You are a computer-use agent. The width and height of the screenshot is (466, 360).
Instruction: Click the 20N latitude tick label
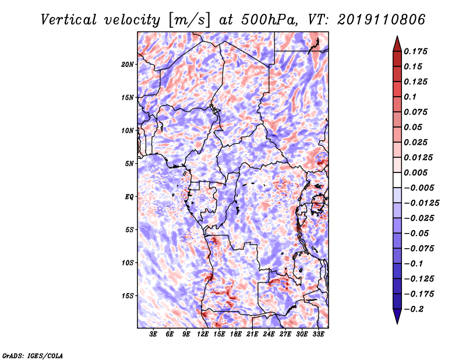128,65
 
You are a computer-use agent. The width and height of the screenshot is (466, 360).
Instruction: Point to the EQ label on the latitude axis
129,197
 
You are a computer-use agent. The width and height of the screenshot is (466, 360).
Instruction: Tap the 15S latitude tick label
128,296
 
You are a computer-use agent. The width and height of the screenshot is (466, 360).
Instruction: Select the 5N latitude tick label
129,164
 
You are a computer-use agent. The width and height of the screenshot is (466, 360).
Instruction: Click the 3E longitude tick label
153,334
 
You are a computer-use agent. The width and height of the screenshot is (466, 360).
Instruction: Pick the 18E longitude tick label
235,334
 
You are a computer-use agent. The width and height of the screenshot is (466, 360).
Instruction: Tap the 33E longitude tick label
318,334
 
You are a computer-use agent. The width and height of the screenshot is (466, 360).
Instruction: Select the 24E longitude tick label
269,334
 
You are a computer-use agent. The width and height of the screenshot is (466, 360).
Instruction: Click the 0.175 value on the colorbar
415,51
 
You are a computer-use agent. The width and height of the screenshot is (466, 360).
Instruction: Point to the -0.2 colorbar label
414,309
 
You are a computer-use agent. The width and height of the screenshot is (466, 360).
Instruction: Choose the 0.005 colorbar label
415,172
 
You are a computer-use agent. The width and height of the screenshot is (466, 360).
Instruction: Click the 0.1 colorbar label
410,97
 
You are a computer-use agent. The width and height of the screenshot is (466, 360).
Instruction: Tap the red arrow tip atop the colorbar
397,37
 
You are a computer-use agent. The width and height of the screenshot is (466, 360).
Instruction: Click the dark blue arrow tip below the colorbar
397,323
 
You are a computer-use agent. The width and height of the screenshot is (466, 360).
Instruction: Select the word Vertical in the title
68,20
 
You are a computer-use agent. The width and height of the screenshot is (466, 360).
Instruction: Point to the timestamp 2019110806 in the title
382,20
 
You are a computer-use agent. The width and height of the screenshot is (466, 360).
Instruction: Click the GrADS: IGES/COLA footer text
33,355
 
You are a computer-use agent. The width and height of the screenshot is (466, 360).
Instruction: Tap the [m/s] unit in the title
190,20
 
